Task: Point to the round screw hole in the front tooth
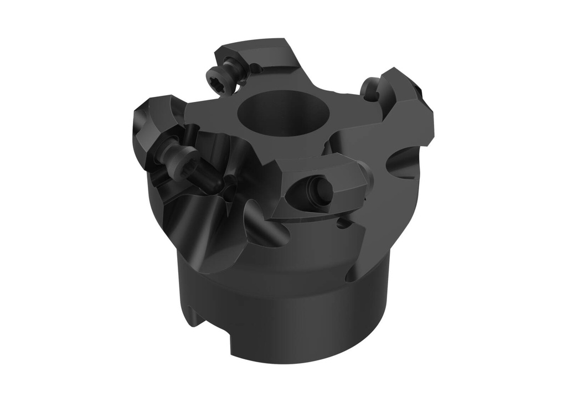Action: point(321,190)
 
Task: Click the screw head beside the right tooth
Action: point(369,89)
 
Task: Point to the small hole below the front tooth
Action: point(343,224)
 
